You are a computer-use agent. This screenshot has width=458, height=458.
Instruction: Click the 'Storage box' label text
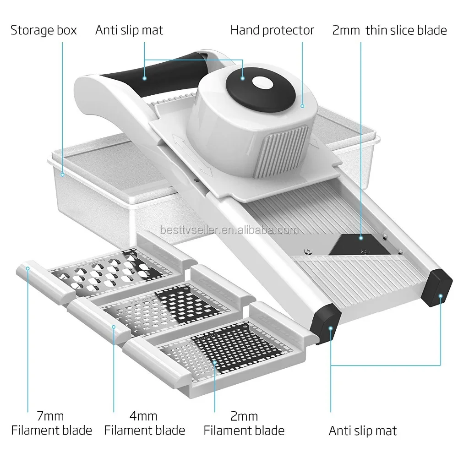coord(44,31)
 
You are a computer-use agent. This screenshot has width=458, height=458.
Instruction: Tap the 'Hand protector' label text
coord(272,31)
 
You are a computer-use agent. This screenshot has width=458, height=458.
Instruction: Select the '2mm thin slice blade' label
coord(388,31)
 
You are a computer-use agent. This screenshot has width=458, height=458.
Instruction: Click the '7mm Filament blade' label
coord(51,424)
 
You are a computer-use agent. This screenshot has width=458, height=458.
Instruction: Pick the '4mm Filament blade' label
coord(145,424)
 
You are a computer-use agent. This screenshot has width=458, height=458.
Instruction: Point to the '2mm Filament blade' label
coord(244,424)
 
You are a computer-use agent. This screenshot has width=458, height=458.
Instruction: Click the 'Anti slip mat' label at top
coord(129,31)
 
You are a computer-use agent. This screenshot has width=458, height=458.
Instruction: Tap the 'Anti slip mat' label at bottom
coord(363,431)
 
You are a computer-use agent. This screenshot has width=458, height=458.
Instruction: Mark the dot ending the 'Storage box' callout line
coord(62,174)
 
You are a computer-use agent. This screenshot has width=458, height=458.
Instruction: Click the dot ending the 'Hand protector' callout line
coord(303,106)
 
